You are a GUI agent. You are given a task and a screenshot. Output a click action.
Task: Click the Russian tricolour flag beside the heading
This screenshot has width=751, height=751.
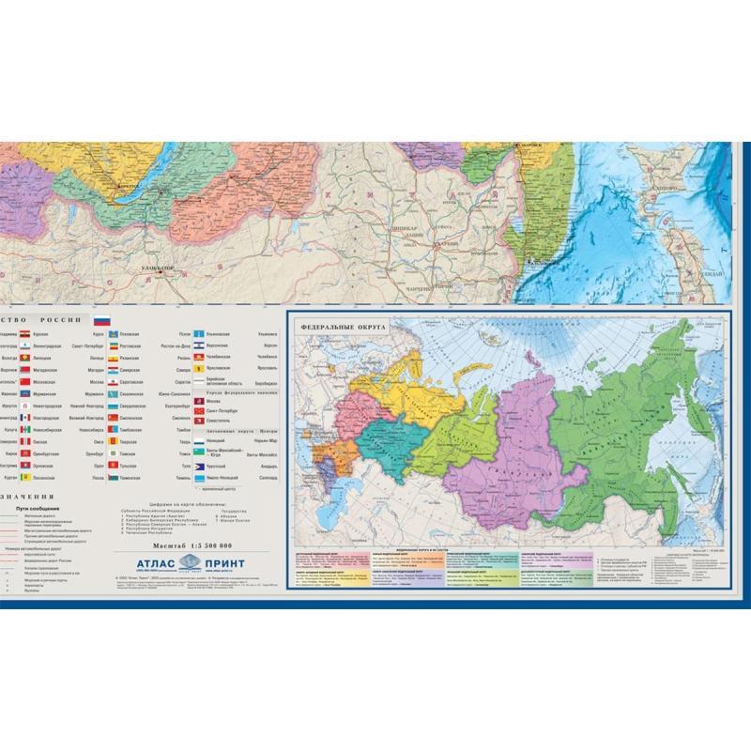102,321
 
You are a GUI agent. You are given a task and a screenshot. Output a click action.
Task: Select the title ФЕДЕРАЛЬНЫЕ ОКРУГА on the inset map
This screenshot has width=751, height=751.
336,328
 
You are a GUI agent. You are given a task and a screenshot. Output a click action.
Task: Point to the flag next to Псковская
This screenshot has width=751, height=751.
111,333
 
